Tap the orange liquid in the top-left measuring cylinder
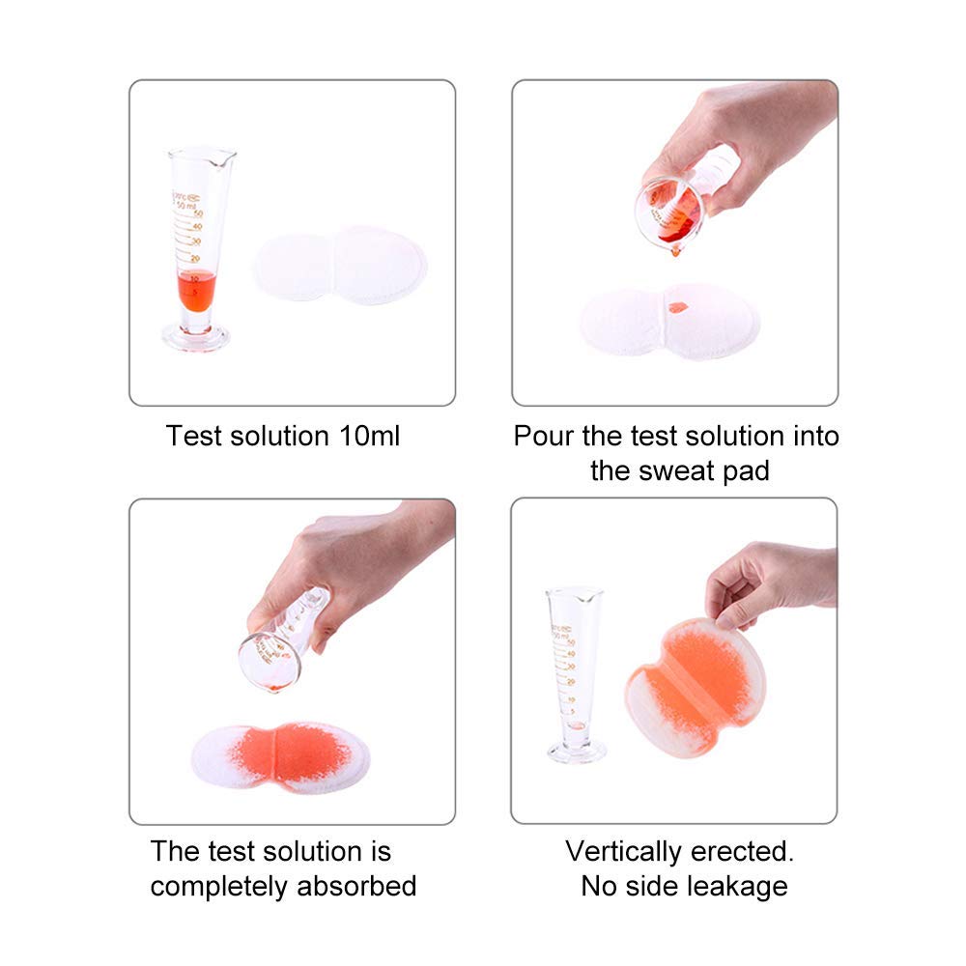(x=195, y=289)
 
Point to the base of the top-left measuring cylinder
(x=196, y=338)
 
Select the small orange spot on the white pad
(x=677, y=307)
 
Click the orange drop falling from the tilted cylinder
(x=674, y=251)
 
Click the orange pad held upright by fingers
(x=692, y=686)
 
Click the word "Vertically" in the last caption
(x=626, y=851)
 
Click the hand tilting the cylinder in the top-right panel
(x=744, y=135)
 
